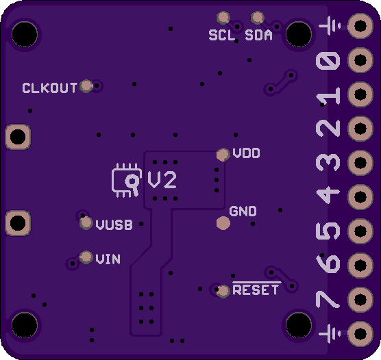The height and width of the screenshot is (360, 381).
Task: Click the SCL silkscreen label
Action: pos(222,35)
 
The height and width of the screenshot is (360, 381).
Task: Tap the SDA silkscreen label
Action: pos(258,35)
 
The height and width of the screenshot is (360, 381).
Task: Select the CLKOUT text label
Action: pos(49,88)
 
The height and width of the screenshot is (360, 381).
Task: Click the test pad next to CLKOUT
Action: pos(86,86)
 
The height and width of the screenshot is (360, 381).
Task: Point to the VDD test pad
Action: pos(223,155)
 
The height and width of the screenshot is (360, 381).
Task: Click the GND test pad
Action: pos(223,223)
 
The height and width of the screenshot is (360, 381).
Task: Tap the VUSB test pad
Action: pos(86,223)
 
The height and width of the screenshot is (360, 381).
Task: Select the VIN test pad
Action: pos(86,257)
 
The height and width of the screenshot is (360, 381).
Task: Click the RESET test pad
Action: pos(223,292)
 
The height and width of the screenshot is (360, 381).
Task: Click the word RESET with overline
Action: pos(256,289)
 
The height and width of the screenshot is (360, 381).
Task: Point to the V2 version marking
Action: pos(162,180)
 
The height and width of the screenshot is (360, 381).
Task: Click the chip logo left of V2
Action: pos(127,181)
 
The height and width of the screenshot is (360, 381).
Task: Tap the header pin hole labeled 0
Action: pos(360,60)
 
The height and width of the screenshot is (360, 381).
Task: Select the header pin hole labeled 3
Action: pos(360,163)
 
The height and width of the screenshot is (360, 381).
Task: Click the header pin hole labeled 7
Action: pos(360,300)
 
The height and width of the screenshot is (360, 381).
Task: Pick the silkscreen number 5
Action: pos(328,231)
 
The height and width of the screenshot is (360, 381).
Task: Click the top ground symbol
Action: pos(330,26)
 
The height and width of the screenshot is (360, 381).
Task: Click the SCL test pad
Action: pos(223,18)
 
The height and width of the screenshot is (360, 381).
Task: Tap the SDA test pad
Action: pos(258,18)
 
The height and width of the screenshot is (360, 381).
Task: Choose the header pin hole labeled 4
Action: pos(360,197)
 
